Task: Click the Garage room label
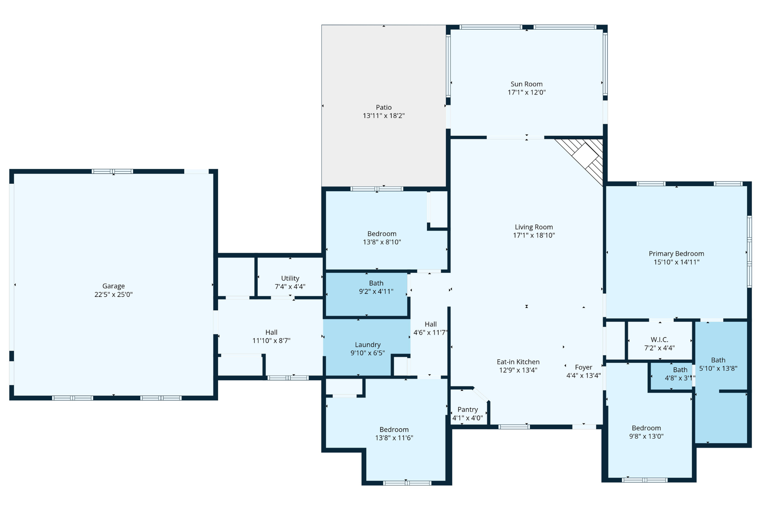tap(113, 286)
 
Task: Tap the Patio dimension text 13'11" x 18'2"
tap(384, 116)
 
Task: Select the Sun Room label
tap(527, 84)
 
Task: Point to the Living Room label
tap(534, 227)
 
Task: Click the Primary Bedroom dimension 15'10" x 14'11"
tap(676, 262)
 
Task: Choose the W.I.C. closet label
tap(660, 340)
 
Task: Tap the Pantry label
tap(468, 410)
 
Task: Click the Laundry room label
tap(368, 345)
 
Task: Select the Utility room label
tap(290, 279)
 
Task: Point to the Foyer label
tap(583, 367)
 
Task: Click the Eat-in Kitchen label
tap(518, 362)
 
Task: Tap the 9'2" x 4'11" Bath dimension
tap(376, 292)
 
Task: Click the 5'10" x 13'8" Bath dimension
tap(718, 368)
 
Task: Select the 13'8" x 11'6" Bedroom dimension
tap(394, 438)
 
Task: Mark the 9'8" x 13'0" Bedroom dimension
tap(646, 436)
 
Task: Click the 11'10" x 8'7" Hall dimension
tap(272, 341)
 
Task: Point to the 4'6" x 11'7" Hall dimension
tap(431, 332)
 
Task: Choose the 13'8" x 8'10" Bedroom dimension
tap(382, 242)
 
